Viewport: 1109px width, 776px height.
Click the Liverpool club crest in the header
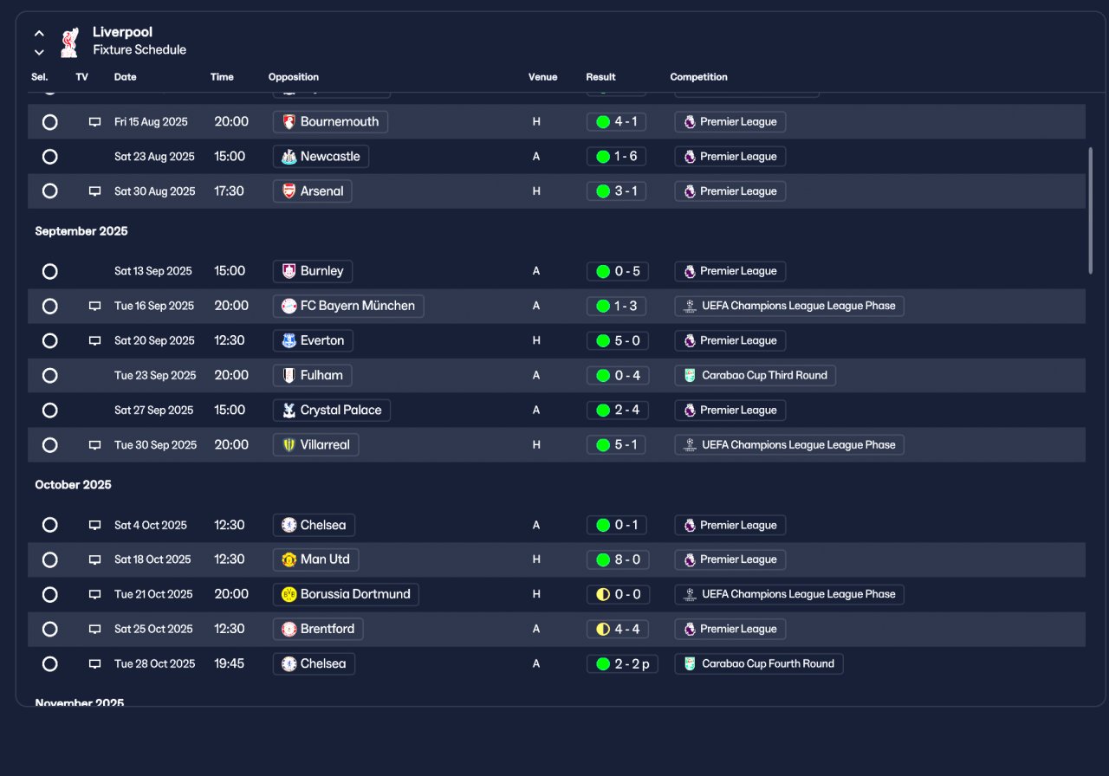(70, 42)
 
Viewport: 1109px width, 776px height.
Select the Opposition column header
(294, 77)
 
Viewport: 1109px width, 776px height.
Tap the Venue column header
(542, 77)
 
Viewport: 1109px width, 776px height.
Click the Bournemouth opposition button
(330, 122)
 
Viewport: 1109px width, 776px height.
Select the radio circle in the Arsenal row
(50, 191)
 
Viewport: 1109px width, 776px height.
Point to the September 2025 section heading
(81, 231)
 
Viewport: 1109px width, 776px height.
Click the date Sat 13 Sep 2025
(153, 271)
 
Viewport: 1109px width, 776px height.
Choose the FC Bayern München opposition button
(348, 306)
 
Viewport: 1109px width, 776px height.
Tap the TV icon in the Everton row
(94, 341)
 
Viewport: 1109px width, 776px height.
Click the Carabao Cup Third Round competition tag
(755, 376)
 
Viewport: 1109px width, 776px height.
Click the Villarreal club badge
(289, 445)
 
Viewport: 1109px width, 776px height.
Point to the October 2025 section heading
(74, 484)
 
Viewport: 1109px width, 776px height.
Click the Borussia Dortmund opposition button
(346, 594)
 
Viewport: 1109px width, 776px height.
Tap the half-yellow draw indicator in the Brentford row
(603, 629)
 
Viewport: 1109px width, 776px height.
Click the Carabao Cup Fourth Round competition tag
(759, 664)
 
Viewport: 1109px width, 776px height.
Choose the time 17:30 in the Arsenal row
(229, 191)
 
